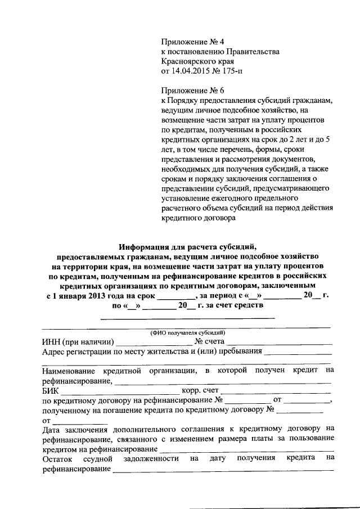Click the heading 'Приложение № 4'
[x=192, y=42]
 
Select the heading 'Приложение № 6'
[x=192, y=91]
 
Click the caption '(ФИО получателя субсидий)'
[x=187, y=332]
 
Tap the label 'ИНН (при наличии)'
[x=78, y=341]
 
